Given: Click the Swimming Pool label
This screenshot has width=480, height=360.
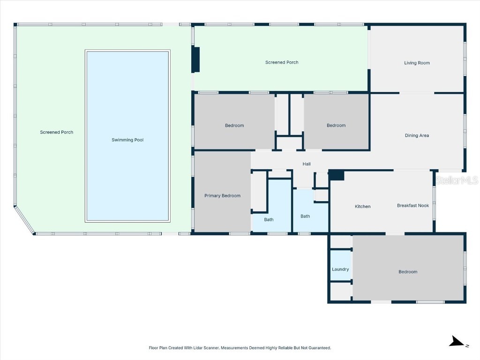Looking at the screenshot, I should pos(127,140).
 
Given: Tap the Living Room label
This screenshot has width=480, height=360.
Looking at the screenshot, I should pos(417,63).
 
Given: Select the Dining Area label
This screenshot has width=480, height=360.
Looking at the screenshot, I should pos(417,135).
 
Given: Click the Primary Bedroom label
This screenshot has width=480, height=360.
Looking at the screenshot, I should pos(222,195).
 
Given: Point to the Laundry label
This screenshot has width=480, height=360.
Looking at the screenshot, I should pos(340,269).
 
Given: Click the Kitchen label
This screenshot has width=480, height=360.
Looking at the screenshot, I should pos(362,206).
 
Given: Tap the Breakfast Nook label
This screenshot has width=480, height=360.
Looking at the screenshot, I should pos(413,205).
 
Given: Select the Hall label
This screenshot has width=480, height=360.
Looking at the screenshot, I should pos(307,164).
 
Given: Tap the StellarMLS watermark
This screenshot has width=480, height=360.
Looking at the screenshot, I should pos(457,180).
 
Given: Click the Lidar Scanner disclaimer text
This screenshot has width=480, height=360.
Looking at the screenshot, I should pos(240,348).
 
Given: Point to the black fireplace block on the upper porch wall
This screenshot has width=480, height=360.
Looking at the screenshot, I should pos(196,60).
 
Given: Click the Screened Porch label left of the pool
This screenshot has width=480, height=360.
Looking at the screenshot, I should pos(57,132).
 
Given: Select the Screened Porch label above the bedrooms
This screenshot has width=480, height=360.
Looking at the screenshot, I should pos(282,62).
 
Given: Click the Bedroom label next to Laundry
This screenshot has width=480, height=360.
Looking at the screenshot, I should pos(408,272).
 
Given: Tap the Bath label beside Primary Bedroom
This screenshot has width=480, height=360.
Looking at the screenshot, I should pos(269,219).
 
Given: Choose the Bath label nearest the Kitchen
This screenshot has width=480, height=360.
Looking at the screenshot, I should pos(305,216).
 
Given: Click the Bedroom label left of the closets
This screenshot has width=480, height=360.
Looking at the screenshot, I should pos(234,125).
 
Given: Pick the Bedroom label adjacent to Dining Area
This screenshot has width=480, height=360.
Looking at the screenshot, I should pos(336,125).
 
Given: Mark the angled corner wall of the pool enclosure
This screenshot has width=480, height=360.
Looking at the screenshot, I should pos(24,220).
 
